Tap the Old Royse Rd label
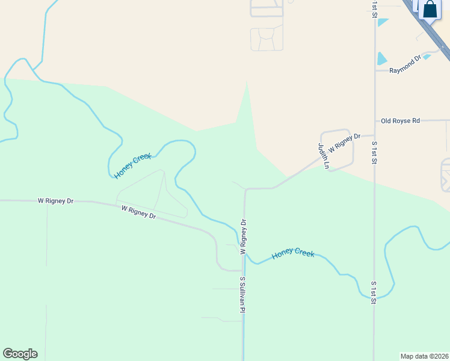pos(400,121)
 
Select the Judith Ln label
pos(324,156)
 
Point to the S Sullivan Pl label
pos(243,295)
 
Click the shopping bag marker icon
pos(430,10)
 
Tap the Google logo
pos(20,354)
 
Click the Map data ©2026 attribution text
pos(425,356)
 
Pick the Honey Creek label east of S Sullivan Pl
pos(293,254)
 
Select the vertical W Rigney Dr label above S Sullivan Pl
pos(244,236)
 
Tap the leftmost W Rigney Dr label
pos(55,200)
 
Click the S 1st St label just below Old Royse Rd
pos(374,152)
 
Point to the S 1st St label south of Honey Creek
pos(374,292)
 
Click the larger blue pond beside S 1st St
pos(381,58)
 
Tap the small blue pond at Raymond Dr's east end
pos(427,57)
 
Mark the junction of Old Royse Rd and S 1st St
pos(375,121)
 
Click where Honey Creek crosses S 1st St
pos(374,297)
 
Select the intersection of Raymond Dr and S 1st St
pos(375,70)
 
